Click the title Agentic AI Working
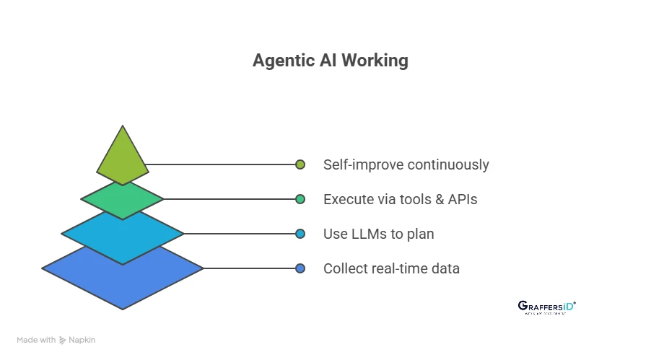tap(330, 61)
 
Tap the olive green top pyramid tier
tap(123, 156)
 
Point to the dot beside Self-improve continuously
tap(300, 164)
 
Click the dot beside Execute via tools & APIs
tap(300, 199)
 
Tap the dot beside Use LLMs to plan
tap(300, 234)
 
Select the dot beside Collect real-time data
tap(300, 268)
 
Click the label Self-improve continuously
tap(406, 164)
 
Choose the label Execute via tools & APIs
tap(400, 199)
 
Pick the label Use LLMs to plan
tap(378, 234)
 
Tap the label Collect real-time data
tap(391, 268)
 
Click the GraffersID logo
tap(547, 307)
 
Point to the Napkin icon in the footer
tap(63, 340)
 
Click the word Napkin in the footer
tap(82, 340)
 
